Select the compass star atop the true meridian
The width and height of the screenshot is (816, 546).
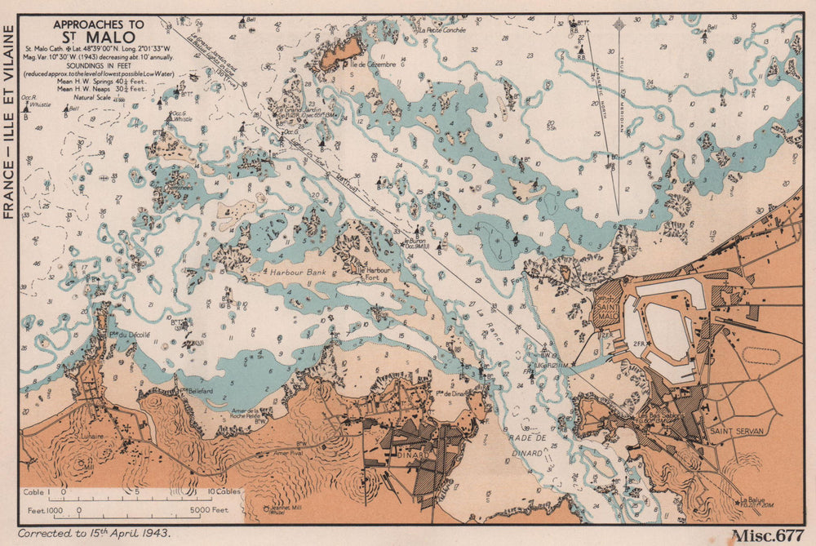pyautogui.click(x=618, y=24)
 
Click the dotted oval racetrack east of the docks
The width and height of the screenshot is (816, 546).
pyautogui.click(x=762, y=356)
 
